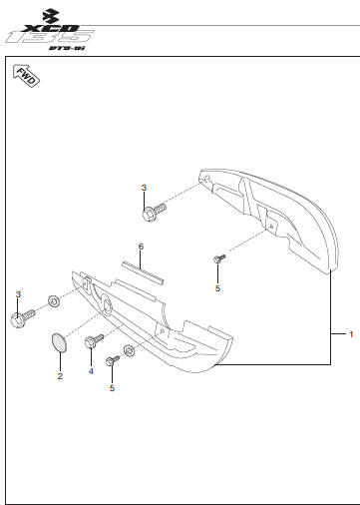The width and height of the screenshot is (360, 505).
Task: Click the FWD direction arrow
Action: coord(26,76)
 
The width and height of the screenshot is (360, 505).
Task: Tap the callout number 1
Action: coord(351,334)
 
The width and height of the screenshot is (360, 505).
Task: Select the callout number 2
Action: coord(60,376)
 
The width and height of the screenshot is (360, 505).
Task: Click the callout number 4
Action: coord(91,371)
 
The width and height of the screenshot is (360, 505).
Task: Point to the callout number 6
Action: coord(141,247)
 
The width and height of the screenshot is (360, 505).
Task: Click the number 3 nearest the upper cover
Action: coord(144,188)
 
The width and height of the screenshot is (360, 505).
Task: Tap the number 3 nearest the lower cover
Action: coord(18,294)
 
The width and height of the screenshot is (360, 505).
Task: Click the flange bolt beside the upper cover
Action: coord(154,212)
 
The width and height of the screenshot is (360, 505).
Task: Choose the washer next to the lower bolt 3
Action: coord(54,301)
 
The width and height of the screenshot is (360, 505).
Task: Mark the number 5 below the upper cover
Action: coord(217,288)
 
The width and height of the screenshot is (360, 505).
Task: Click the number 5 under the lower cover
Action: coord(112,388)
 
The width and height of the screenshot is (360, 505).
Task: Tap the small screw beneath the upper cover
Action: coord(219,258)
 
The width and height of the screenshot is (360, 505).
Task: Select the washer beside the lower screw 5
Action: coord(130,350)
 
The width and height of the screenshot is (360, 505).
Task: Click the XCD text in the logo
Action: coord(53,29)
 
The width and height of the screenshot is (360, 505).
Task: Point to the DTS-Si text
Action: coord(67,48)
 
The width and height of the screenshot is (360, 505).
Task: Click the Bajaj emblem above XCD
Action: coord(51,16)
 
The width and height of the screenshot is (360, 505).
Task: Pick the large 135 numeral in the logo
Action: coord(50,37)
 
